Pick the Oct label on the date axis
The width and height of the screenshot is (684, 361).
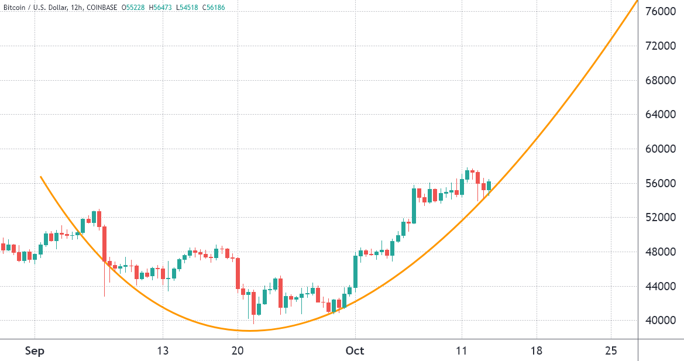click(355, 351)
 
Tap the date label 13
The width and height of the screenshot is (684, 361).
click(163, 351)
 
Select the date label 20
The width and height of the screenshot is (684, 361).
click(238, 351)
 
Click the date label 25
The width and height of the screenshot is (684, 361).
click(611, 351)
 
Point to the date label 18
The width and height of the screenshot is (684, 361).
click(537, 351)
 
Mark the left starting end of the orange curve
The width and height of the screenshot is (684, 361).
click(40, 177)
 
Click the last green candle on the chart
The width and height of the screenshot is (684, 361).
click(489, 185)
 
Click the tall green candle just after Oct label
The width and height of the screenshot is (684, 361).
click(355, 271)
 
